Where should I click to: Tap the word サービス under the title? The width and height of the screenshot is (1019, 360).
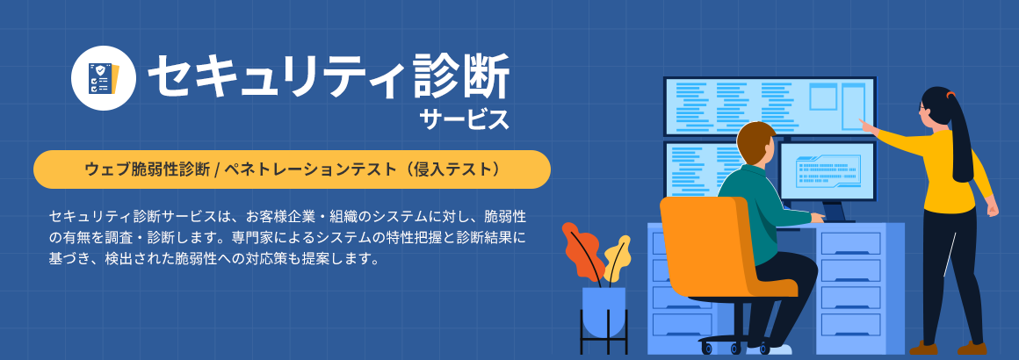[x=463, y=119]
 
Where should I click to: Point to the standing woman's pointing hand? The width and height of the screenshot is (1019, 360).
[x=866, y=126]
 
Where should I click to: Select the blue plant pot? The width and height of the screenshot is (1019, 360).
[x=603, y=310]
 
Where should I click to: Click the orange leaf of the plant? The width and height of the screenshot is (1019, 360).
[x=581, y=250]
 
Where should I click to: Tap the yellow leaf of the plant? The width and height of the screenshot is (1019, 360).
[x=618, y=256]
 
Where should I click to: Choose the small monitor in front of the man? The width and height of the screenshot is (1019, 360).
[x=827, y=171]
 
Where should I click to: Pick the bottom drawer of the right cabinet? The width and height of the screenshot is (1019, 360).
[x=850, y=323]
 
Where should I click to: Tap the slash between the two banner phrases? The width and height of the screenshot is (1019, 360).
[x=215, y=169]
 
